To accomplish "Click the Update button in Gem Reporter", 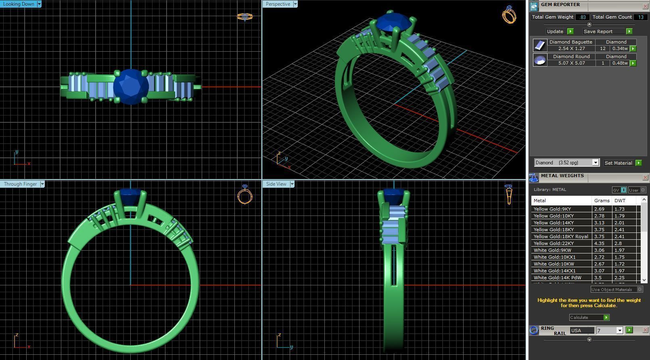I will (555, 31).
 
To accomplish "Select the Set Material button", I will (618, 163).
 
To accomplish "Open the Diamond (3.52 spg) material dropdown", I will (595, 163).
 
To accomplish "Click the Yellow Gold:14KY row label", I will (553, 223).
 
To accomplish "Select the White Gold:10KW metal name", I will (554, 264).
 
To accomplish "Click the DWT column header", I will (620, 201).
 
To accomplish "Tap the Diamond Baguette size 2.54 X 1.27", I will (571, 48).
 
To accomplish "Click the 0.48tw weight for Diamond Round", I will (620, 63).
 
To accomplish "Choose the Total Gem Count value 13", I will (640, 17).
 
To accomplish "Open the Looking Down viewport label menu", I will (39, 4).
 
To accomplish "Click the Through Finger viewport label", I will (20, 184).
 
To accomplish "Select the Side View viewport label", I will (276, 184).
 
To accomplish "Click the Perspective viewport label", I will (278, 4).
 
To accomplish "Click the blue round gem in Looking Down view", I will (131, 86).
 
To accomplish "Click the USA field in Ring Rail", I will (581, 331).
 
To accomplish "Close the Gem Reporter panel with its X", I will (645, 6).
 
